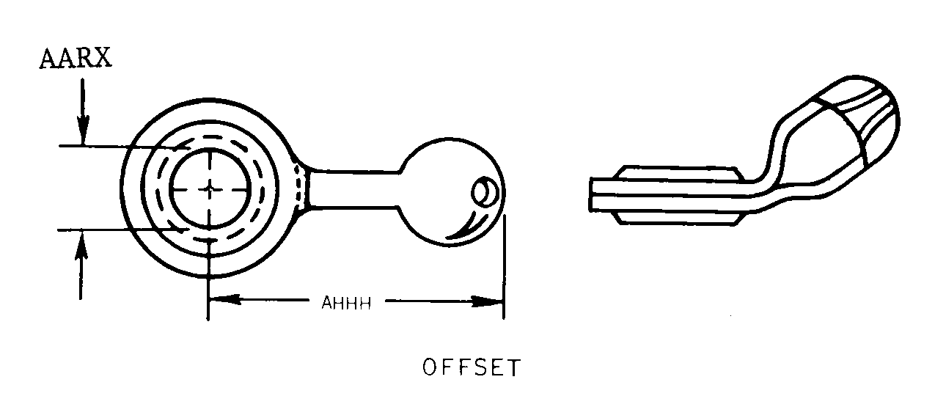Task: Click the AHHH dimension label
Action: (345, 303)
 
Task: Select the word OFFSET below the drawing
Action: (471, 367)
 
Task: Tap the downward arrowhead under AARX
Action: (82, 133)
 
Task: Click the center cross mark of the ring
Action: (210, 188)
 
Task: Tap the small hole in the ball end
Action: (484, 193)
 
